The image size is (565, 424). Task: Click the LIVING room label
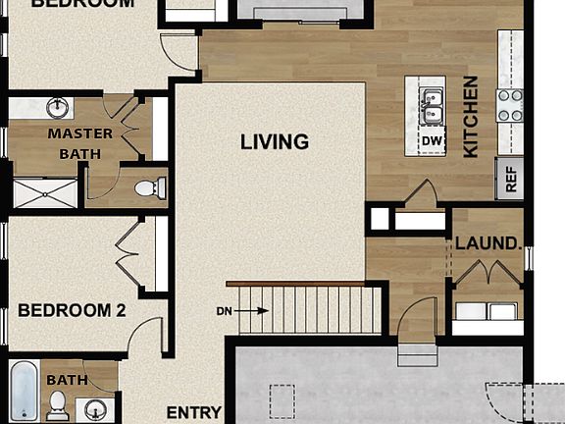pos(275,142)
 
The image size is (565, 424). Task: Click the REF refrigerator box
pos(510,178)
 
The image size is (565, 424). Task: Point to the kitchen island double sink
pos(432,105)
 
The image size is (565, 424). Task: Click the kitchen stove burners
pos(509,105)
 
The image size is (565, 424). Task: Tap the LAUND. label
pos(487,242)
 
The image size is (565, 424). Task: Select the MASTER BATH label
pos(80,143)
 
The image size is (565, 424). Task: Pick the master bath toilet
pos(148,187)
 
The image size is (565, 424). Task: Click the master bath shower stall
pos(43,191)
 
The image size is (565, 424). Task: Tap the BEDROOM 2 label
pos(72,311)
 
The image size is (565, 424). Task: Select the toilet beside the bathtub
pos(59,403)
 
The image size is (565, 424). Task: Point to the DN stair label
pos(224,311)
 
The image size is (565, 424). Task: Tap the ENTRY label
pos(193,412)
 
